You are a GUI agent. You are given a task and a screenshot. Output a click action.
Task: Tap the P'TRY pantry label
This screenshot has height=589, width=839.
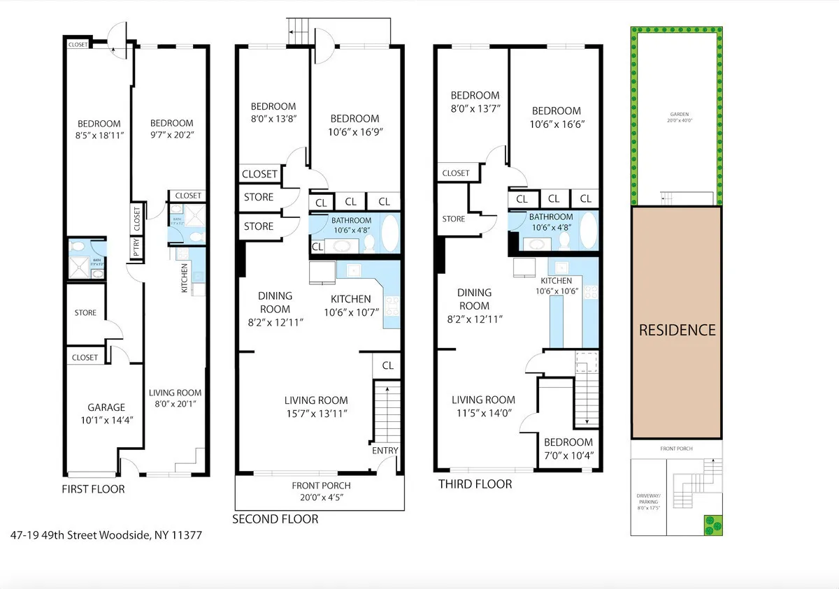[x=136, y=248]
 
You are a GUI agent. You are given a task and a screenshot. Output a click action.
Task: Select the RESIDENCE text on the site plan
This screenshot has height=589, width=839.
[x=677, y=330]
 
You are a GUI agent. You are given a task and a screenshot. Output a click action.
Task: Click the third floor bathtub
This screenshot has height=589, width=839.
[x=589, y=231]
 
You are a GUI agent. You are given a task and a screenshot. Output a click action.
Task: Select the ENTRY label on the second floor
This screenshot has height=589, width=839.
[x=385, y=451]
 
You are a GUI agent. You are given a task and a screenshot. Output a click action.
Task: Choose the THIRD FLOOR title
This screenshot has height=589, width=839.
[x=475, y=484]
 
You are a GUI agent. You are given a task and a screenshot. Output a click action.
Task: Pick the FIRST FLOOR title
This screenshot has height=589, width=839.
[x=93, y=489]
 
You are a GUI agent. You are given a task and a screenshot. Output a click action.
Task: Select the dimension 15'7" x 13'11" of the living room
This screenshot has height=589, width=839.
[x=316, y=413]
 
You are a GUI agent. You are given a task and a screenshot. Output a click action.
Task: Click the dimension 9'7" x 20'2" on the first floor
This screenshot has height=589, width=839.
[x=171, y=136]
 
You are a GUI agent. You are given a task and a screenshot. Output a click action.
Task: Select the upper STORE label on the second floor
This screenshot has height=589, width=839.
[x=259, y=197]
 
